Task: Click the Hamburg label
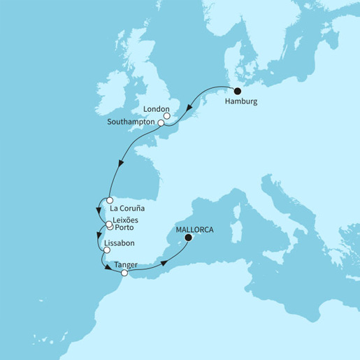coord(241,102)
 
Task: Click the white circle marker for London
coord(166,116)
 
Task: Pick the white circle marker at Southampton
coord(161,123)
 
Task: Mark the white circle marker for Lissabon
coord(105,250)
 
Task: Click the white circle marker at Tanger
coord(125,273)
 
